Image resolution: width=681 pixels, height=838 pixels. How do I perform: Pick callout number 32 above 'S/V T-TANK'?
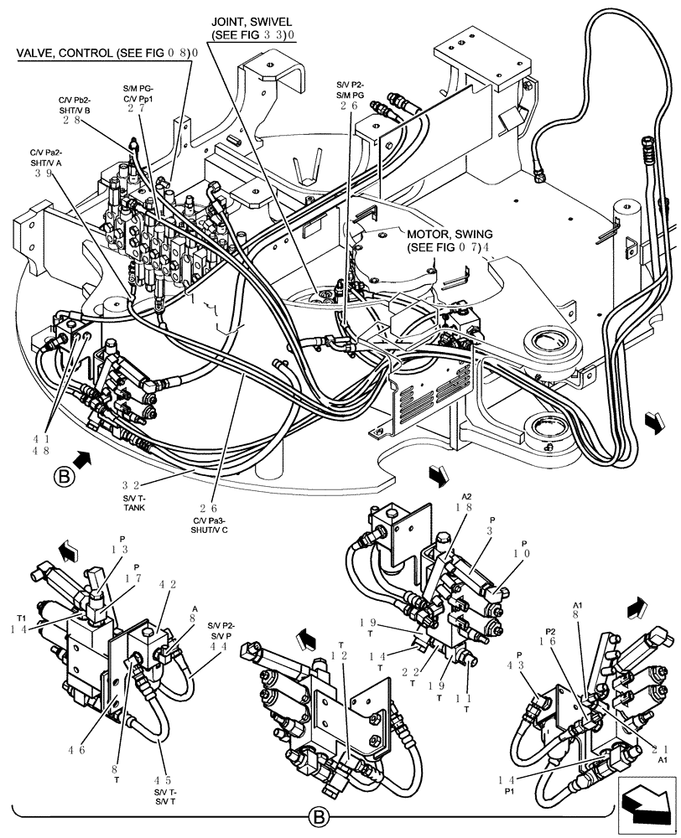(131, 484)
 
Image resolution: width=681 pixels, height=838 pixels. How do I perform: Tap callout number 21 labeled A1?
(663, 748)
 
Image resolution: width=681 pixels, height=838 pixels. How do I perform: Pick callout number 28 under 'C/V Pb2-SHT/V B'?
(75, 120)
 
